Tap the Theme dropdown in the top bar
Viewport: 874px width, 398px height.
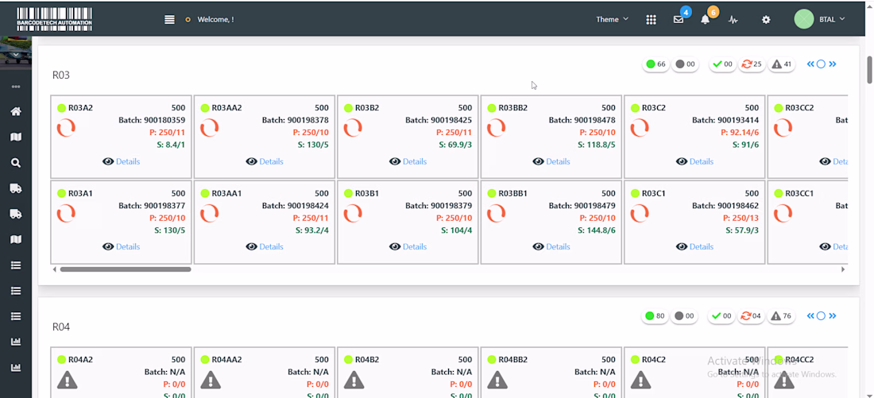tap(612, 19)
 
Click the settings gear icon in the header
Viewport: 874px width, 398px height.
tap(766, 19)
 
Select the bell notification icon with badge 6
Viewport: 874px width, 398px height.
tap(706, 19)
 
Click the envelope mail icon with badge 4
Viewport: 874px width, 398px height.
tap(679, 19)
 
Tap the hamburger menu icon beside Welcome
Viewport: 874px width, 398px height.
tap(169, 19)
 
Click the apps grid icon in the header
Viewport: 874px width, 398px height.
tap(651, 19)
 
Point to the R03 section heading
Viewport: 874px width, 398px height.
tap(61, 75)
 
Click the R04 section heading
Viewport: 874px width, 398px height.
tap(61, 327)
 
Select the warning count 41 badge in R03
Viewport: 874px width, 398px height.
tap(782, 64)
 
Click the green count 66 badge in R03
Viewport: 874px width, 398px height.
tap(656, 64)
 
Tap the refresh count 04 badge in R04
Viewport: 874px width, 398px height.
tap(751, 316)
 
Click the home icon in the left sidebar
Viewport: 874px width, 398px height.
tap(16, 111)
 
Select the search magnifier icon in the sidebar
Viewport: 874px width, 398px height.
tap(16, 163)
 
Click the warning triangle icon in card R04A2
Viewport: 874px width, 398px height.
tap(67, 380)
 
